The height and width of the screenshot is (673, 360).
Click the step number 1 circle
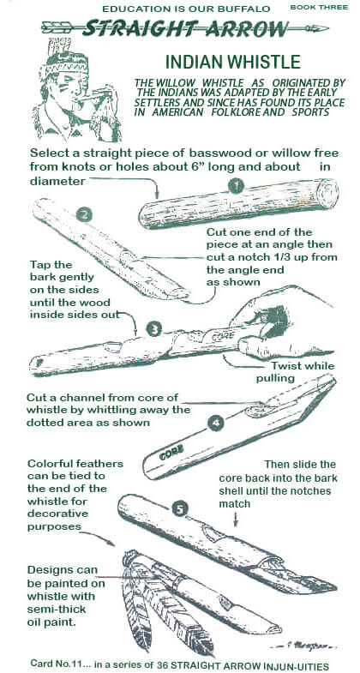coord(236,186)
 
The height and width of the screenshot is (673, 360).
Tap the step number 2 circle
coord(84,214)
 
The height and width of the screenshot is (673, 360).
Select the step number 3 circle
coord(153,329)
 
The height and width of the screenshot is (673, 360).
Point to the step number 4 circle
coord(215,424)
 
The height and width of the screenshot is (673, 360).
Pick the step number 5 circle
coord(180,509)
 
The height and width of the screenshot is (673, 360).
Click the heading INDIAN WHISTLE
coord(232,63)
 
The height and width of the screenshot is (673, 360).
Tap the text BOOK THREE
coord(319,7)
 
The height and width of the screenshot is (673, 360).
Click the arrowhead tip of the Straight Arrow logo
coord(328,28)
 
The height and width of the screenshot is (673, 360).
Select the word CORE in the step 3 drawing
coord(221,333)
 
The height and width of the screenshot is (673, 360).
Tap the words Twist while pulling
coord(295,372)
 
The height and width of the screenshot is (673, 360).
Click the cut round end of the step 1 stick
coord(328,193)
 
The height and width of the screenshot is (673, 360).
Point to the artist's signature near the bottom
coord(304,645)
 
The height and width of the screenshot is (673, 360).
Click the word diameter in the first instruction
coord(57,181)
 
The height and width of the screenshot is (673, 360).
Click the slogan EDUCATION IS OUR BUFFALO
coord(186,9)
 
